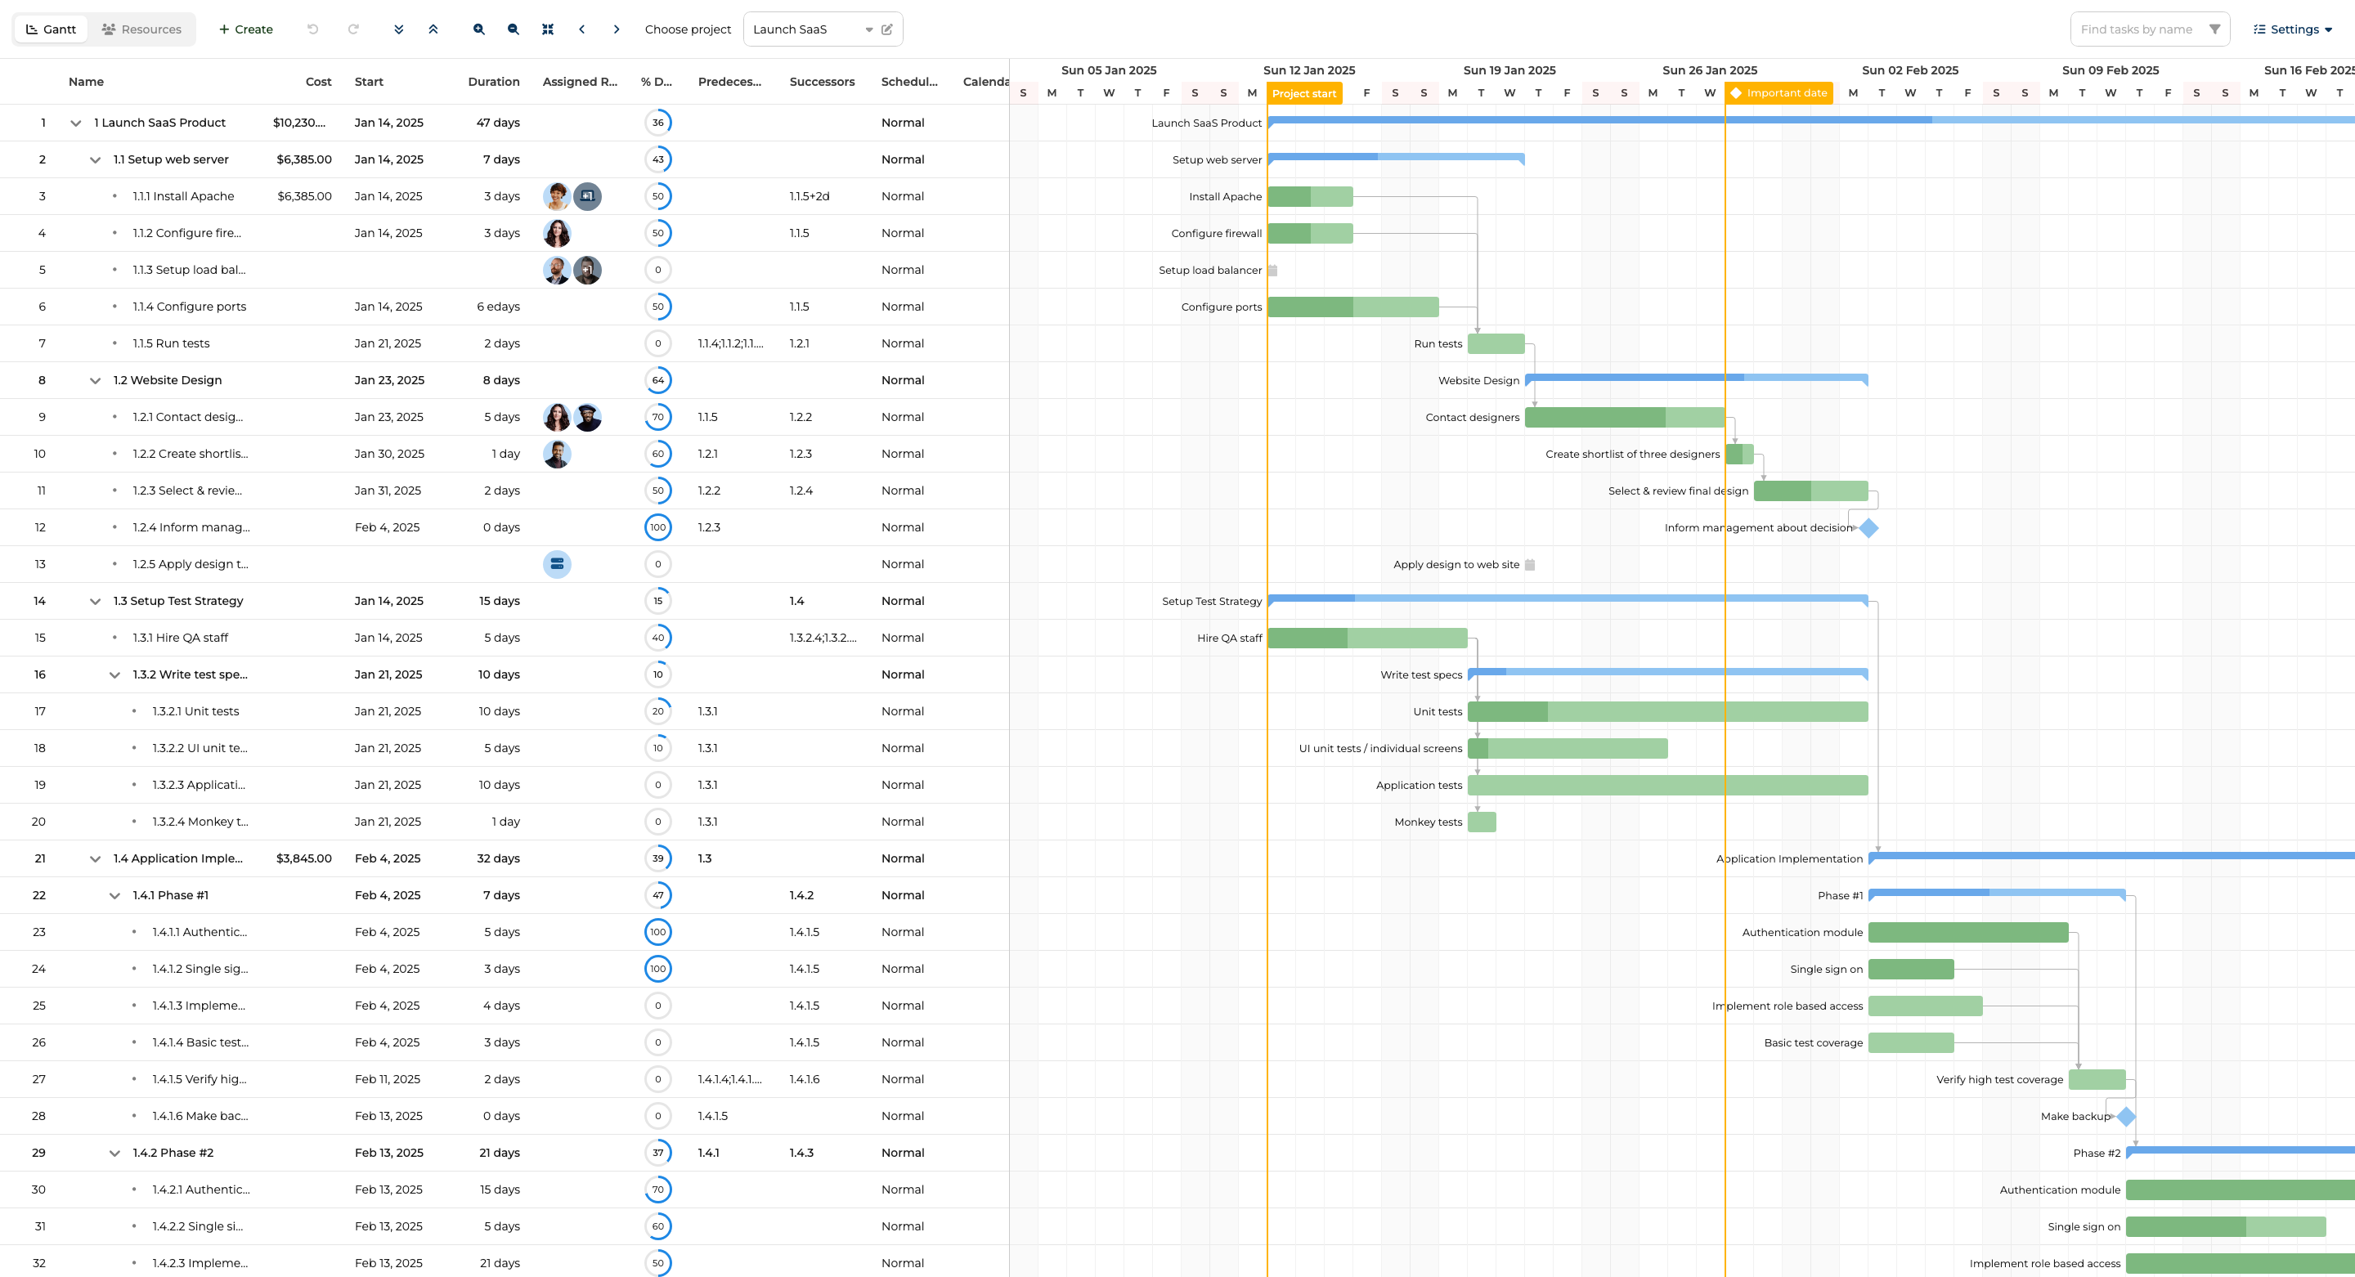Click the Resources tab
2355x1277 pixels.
click(x=141, y=29)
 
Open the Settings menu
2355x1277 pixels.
click(x=2293, y=29)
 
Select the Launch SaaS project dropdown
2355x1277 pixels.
click(x=813, y=29)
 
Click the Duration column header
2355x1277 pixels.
click(x=494, y=82)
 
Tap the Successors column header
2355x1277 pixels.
click(x=822, y=82)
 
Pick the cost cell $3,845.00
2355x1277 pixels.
click(x=303, y=858)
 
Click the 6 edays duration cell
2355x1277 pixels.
click(x=497, y=307)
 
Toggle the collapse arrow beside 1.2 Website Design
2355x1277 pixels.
click(x=95, y=380)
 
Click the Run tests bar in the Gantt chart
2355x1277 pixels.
click(x=1496, y=343)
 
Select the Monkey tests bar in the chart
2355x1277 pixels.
click(x=1482, y=822)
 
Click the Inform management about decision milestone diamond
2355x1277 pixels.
click(x=1868, y=527)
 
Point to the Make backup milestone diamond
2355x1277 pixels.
click(x=2126, y=1116)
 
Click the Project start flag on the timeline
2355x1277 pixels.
click(x=1303, y=93)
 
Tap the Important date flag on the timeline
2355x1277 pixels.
click(x=1779, y=93)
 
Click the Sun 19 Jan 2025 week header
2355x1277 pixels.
click(x=1509, y=70)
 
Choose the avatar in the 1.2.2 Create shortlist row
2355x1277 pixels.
click(x=557, y=454)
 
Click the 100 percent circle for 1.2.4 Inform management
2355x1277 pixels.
click(x=658, y=527)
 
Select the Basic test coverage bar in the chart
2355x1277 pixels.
click(x=1911, y=1042)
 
